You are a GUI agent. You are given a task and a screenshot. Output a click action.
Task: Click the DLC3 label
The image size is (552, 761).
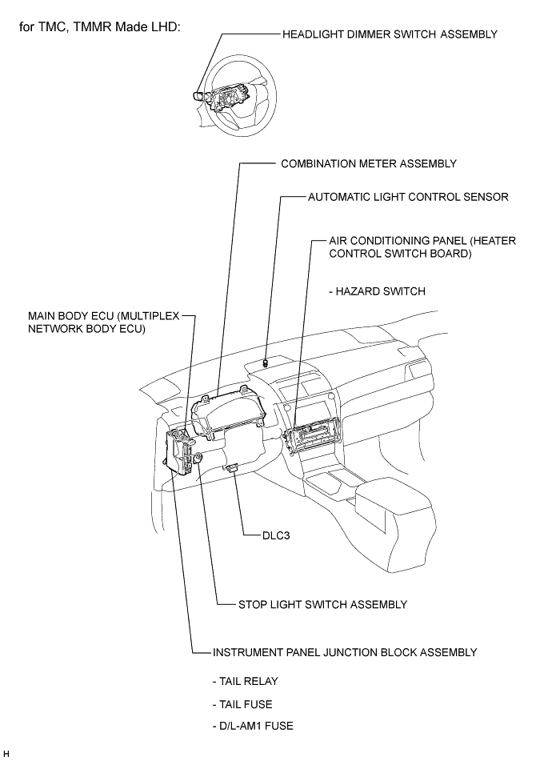[x=276, y=535]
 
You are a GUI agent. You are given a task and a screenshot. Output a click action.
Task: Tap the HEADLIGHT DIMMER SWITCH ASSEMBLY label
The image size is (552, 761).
[x=390, y=34]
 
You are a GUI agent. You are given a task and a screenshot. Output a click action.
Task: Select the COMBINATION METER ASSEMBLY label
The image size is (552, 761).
[x=369, y=163]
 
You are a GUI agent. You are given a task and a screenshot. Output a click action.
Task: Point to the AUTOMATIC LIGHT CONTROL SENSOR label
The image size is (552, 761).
[x=409, y=197]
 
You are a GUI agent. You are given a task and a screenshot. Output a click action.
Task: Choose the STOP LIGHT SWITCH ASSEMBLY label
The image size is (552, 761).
[x=322, y=604]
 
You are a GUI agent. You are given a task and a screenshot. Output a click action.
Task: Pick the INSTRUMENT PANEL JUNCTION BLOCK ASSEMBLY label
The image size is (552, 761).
[x=345, y=652]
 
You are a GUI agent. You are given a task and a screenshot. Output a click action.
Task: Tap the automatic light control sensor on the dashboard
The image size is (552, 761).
[x=266, y=362]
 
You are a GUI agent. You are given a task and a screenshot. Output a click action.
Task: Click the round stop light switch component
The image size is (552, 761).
[x=198, y=457]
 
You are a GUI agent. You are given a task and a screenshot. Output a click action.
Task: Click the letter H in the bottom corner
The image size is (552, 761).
[x=6, y=753]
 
